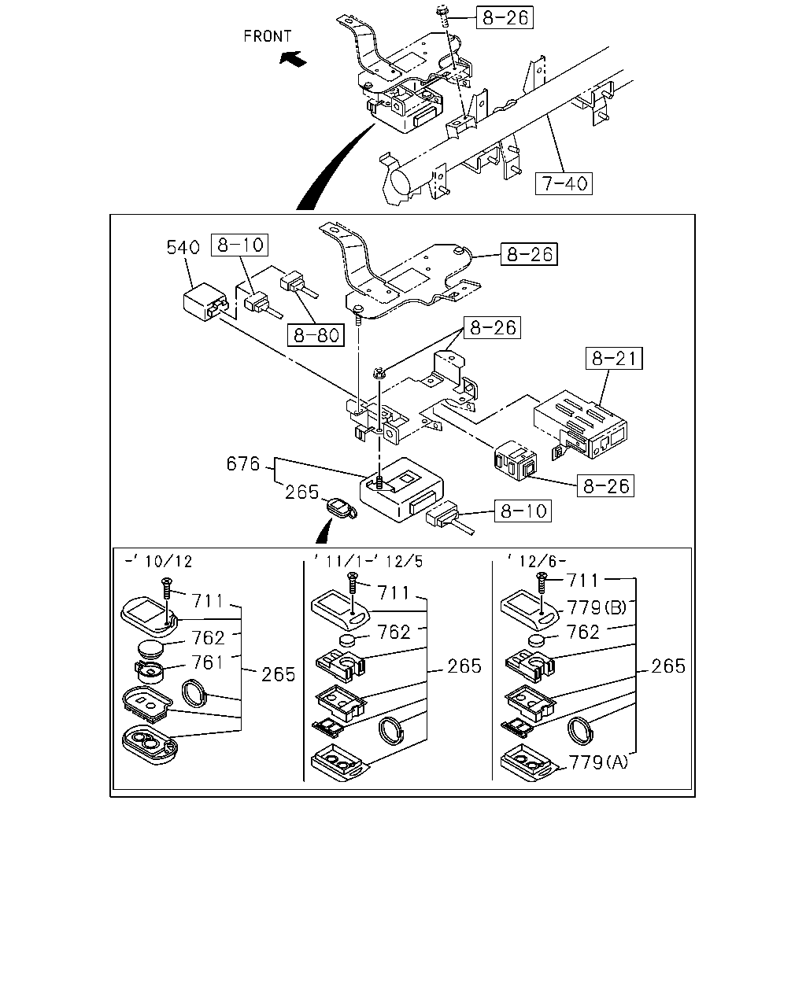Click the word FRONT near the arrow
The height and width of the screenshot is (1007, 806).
[268, 36]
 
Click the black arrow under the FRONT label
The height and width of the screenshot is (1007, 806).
[293, 59]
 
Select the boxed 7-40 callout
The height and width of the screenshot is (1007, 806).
[564, 183]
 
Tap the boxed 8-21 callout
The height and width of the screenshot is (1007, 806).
[614, 359]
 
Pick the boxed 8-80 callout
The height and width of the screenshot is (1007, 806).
[316, 335]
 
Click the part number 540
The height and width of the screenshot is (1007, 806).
[183, 247]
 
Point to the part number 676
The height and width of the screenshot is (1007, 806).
[242, 463]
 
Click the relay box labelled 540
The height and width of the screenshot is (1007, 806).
[205, 301]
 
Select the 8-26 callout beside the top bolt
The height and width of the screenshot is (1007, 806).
[505, 18]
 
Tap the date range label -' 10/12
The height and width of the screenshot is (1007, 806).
[159, 561]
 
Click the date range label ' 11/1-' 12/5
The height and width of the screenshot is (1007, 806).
[368, 561]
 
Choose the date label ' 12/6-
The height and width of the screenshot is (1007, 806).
[537, 561]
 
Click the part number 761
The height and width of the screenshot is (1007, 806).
[208, 662]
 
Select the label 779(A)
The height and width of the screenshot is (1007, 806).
[598, 762]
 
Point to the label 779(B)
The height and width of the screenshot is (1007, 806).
[597, 607]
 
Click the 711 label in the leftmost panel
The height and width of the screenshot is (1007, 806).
[208, 601]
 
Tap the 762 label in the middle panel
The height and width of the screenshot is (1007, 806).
[394, 633]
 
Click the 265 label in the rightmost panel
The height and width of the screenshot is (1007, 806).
[668, 666]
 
